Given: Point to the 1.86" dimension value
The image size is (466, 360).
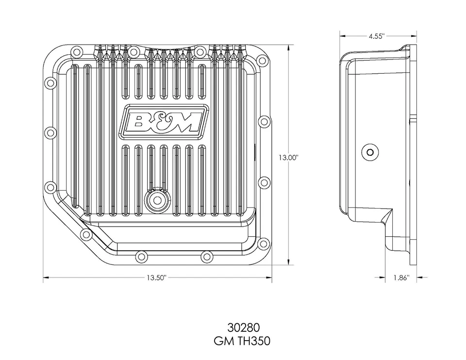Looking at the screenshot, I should [401, 278].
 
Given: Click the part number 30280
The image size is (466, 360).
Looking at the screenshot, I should [242, 327].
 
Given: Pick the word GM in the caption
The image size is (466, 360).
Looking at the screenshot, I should [223, 341].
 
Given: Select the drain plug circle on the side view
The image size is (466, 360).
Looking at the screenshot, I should [371, 152].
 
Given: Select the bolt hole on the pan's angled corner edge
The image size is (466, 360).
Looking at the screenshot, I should [86, 235].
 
